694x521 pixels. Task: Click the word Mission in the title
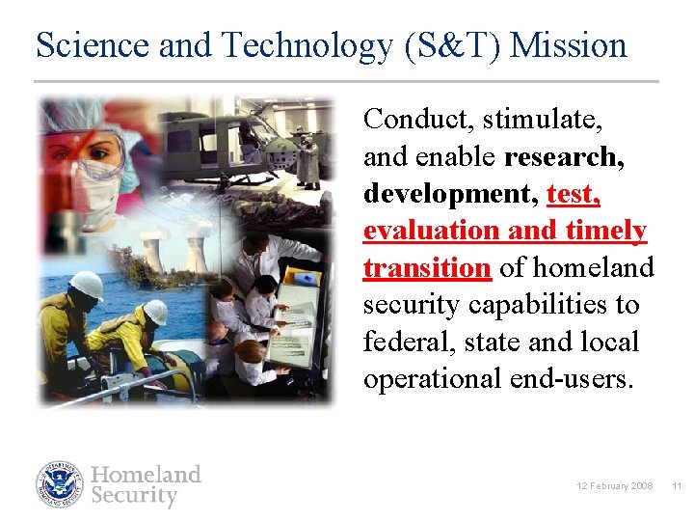(x=569, y=45)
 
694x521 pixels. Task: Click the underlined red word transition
(x=427, y=267)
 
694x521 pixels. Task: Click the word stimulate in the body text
(x=543, y=120)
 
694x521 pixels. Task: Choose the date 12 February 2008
(x=615, y=485)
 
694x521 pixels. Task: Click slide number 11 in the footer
(x=677, y=485)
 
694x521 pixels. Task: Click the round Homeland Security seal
(x=60, y=484)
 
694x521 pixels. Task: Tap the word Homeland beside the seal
(x=146, y=474)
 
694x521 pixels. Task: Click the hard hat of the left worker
(x=87, y=285)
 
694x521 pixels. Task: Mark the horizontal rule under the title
(x=347, y=81)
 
